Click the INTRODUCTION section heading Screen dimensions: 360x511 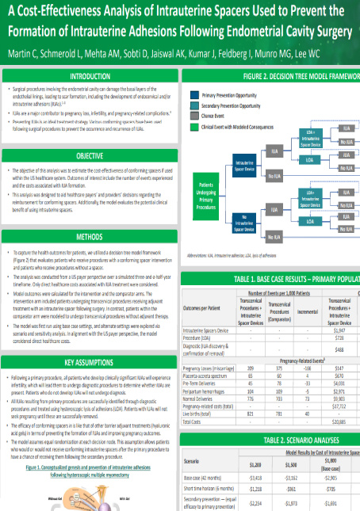point(90,76)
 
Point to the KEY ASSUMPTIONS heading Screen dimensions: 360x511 point(90,340)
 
